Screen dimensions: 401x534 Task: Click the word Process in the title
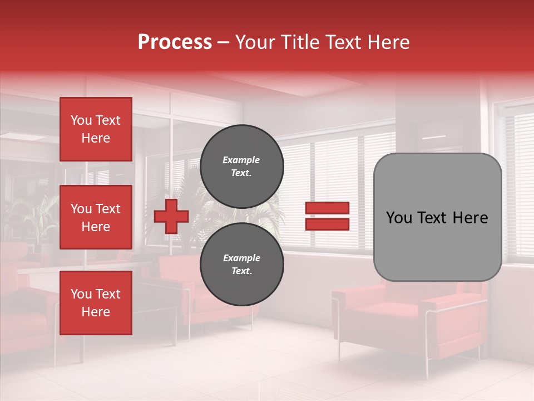[x=175, y=42]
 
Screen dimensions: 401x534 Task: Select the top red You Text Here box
[x=96, y=129]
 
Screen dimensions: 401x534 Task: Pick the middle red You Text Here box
[x=96, y=217]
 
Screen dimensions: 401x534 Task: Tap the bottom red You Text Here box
[x=96, y=303]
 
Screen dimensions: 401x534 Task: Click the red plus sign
[x=171, y=217]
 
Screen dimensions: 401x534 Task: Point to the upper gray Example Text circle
[x=241, y=166]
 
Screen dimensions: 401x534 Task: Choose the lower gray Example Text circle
[x=241, y=264]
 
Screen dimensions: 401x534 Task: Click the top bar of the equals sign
[x=327, y=208]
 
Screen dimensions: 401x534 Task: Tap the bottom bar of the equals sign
[x=327, y=224]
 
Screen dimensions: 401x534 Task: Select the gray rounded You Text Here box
[x=437, y=217]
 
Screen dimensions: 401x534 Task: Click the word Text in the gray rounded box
[x=432, y=218]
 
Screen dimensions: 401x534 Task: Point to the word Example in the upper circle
[x=241, y=160]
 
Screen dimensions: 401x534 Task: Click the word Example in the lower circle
[x=241, y=258]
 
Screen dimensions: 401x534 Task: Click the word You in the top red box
[x=81, y=120]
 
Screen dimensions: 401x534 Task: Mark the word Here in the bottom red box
[x=96, y=312]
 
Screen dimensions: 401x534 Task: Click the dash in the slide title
[x=224, y=42]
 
